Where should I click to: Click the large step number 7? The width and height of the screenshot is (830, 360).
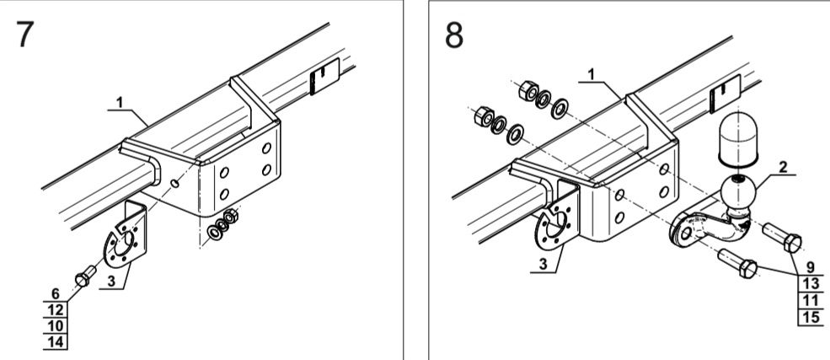(25, 35)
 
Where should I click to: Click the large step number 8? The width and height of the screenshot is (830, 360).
(454, 35)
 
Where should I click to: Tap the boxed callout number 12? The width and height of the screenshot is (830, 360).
(56, 309)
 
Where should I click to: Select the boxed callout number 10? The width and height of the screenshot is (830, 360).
(56, 325)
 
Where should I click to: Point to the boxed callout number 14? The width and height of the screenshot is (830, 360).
(56, 342)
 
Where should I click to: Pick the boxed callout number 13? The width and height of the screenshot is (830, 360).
(811, 284)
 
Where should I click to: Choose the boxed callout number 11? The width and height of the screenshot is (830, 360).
(811, 300)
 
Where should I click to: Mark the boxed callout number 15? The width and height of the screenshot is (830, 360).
(811, 317)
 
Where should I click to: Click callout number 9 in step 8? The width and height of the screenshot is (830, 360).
(811, 268)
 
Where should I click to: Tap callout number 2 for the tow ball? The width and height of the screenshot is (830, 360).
(783, 167)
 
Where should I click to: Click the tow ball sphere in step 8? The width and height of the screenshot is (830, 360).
(738, 193)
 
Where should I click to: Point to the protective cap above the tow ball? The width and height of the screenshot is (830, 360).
(738, 137)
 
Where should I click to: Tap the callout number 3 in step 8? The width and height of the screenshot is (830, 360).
(544, 264)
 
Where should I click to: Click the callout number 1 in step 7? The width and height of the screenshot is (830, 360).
(120, 102)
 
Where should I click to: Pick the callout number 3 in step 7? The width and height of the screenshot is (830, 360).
(111, 281)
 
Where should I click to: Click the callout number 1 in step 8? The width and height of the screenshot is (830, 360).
(592, 74)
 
